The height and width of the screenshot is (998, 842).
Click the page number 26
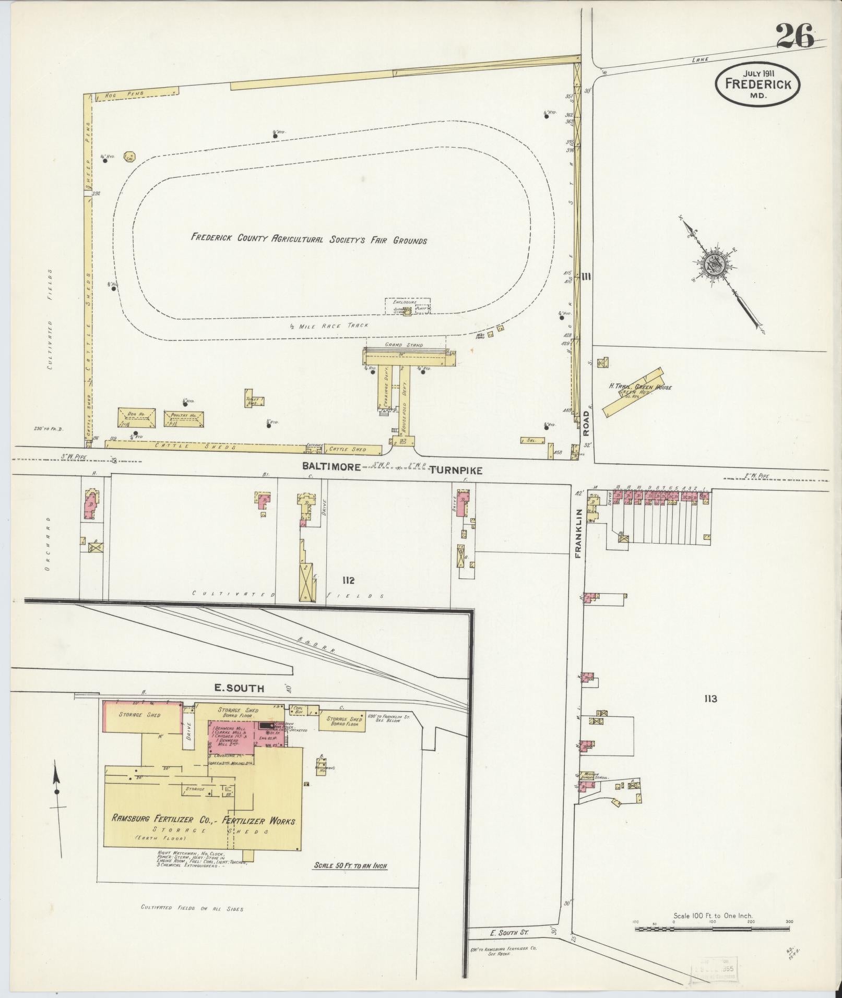coord(794,37)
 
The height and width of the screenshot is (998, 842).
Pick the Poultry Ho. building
coord(183,419)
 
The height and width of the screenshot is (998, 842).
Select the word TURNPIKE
coord(456,470)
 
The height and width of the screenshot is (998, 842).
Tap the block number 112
coord(348,580)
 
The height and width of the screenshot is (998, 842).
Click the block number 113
coord(710,699)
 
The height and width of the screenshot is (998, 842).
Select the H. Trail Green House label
coord(640,388)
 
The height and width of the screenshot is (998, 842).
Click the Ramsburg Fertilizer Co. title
coord(204,821)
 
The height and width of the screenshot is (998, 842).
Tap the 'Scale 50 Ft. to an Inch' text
coord(350,866)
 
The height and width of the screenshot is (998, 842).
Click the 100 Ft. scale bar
coord(713,928)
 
